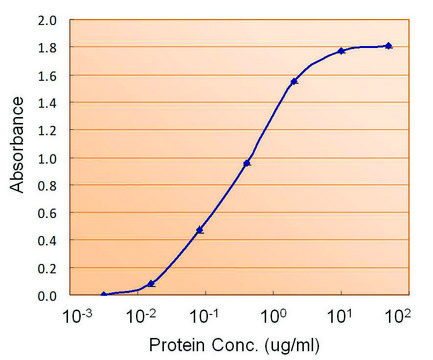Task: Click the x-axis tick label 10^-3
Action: click(78, 316)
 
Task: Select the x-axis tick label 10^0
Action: click(271, 316)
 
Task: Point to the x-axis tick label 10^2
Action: click(399, 316)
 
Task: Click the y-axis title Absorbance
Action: click(17, 157)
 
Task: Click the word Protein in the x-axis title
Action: click(175, 345)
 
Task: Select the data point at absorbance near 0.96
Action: click(247, 162)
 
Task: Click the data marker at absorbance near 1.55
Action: click(294, 81)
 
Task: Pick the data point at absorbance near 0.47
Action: click(200, 230)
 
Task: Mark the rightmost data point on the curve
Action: click(388, 46)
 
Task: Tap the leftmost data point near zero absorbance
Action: click(104, 295)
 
